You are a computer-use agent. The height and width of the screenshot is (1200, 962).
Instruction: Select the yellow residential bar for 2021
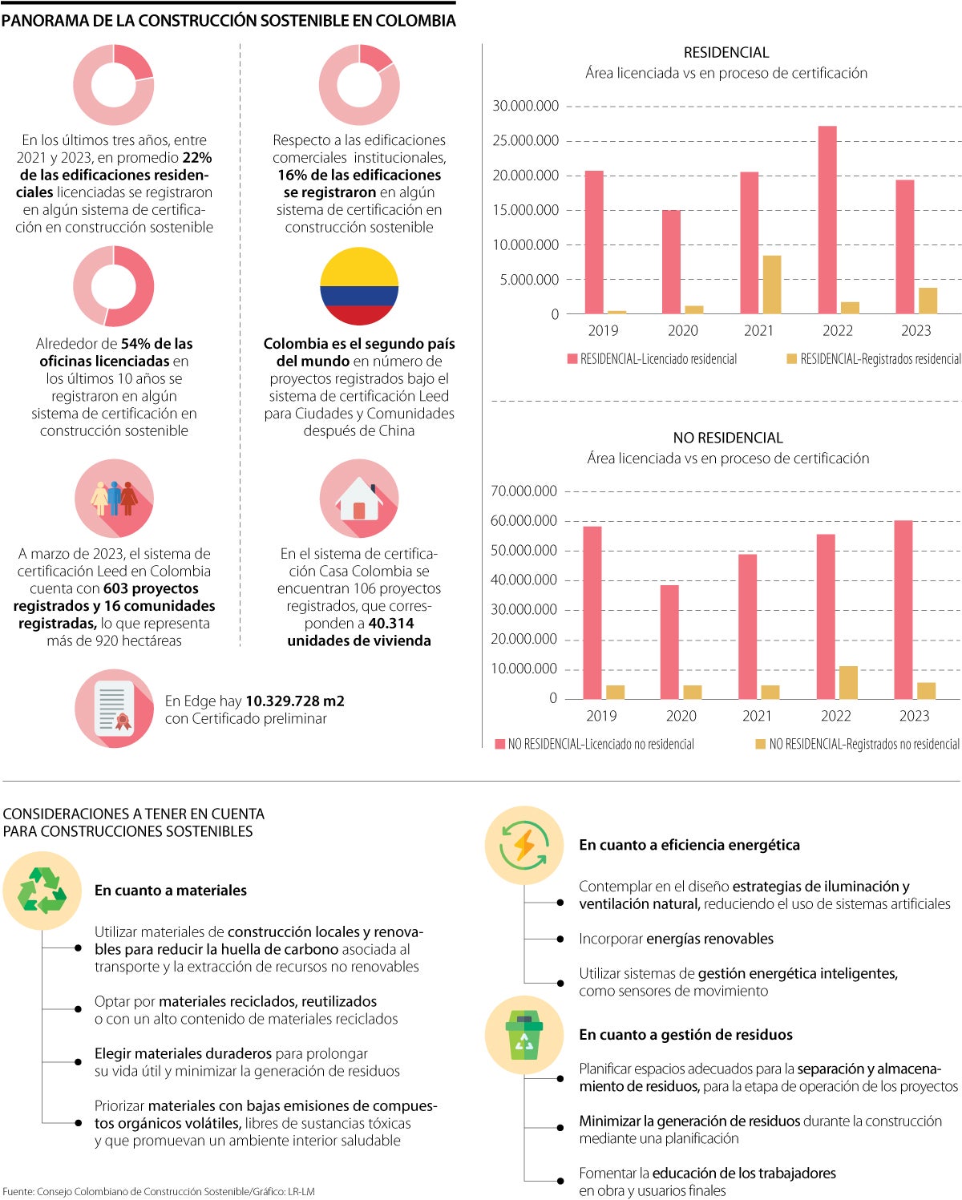[x=771, y=285]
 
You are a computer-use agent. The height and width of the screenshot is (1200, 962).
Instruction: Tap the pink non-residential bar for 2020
[x=669, y=642]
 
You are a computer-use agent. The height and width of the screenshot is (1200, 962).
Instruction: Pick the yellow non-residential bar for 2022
[x=847, y=682]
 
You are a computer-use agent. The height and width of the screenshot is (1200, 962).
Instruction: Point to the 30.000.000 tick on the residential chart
[x=525, y=106]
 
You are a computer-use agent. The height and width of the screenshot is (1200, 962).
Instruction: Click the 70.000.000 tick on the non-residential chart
[x=523, y=491]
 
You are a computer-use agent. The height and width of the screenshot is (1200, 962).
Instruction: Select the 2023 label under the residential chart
[x=916, y=330]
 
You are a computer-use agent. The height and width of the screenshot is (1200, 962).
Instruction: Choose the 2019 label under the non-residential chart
[x=601, y=716]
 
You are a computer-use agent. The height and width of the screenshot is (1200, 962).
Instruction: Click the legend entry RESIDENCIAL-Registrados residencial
[x=873, y=359]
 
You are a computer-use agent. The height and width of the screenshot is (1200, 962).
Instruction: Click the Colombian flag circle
[x=359, y=287]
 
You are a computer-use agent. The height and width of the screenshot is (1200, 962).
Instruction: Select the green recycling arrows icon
[x=42, y=891]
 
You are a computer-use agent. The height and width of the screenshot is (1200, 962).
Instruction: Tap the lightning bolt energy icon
[x=524, y=845]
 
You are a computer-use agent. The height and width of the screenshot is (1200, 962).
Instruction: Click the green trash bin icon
[x=524, y=1035]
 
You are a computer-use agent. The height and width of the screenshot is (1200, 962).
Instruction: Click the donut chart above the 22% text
[x=114, y=85]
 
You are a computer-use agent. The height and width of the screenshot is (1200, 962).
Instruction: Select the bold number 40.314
[x=390, y=624]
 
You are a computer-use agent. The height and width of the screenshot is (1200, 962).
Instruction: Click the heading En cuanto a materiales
[x=171, y=891]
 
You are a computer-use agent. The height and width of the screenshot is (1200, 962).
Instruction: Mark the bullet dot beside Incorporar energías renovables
[x=560, y=939]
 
